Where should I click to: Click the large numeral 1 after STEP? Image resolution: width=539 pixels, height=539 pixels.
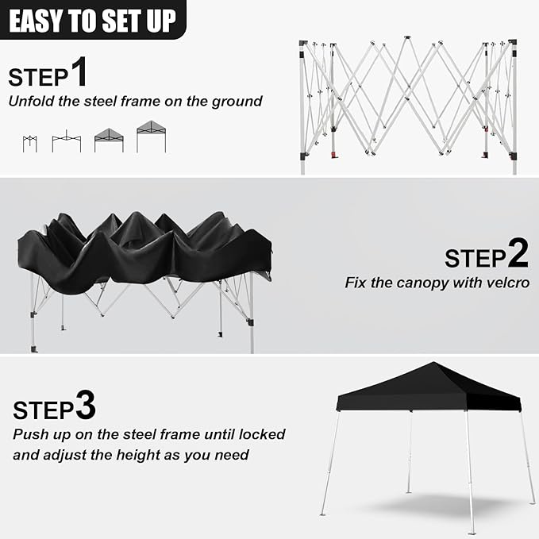click(79, 71)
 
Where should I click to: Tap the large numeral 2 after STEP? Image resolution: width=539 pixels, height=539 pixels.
click(518, 253)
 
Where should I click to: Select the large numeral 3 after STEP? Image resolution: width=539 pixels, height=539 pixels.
click(85, 405)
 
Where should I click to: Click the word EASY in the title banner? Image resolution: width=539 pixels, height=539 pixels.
click(36, 21)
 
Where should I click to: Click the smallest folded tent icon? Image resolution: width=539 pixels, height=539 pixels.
click(30, 144)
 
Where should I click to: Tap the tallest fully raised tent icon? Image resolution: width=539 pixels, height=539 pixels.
click(152, 137)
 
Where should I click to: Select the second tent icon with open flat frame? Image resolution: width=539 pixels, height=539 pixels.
click(67, 141)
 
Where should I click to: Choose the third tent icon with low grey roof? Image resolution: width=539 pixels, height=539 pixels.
click(109, 141)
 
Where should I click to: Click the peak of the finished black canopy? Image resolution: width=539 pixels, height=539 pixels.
click(433, 362)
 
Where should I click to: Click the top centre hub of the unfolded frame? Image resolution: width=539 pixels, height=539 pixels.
click(407, 37)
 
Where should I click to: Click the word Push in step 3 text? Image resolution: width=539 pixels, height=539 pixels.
click(29, 434)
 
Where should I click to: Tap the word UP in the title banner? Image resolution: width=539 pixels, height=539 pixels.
click(161, 21)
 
